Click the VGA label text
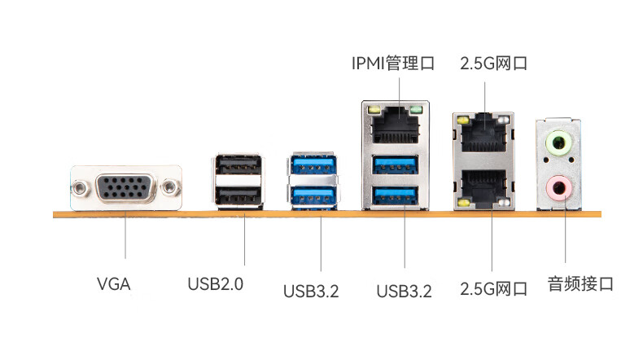[x=114, y=284]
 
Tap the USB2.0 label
[x=216, y=284]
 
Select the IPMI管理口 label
[x=393, y=64]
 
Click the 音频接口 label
[x=580, y=284]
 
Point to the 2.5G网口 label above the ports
[x=493, y=64]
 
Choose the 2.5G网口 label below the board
[x=493, y=289]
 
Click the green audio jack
[x=558, y=143]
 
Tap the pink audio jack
[x=558, y=188]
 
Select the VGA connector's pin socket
[x=126, y=187]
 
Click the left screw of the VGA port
[x=80, y=187]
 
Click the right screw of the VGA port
[x=170, y=187]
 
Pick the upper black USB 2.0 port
[x=238, y=165]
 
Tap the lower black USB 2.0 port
[x=238, y=195]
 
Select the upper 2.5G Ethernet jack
[x=483, y=133]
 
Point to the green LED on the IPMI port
[x=416, y=110]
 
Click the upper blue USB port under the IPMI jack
[x=395, y=165]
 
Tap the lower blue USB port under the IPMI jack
[x=395, y=195]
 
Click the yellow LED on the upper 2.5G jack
[x=463, y=121]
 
